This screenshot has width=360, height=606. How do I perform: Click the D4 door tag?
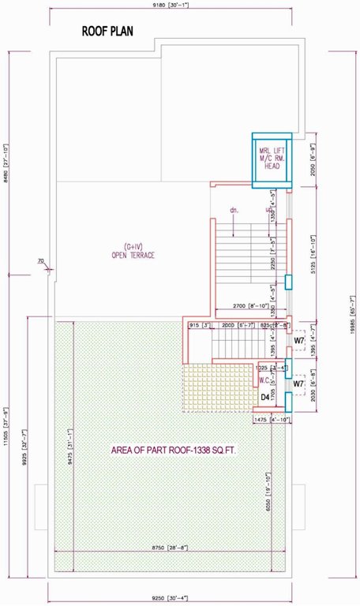tap(266, 397)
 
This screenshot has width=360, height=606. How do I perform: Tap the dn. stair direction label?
tap(234, 211)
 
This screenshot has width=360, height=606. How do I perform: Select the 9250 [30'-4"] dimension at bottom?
tap(180, 597)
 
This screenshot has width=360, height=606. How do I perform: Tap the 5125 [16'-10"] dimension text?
tap(313, 253)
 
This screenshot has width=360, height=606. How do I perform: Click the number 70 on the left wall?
tap(39, 260)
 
